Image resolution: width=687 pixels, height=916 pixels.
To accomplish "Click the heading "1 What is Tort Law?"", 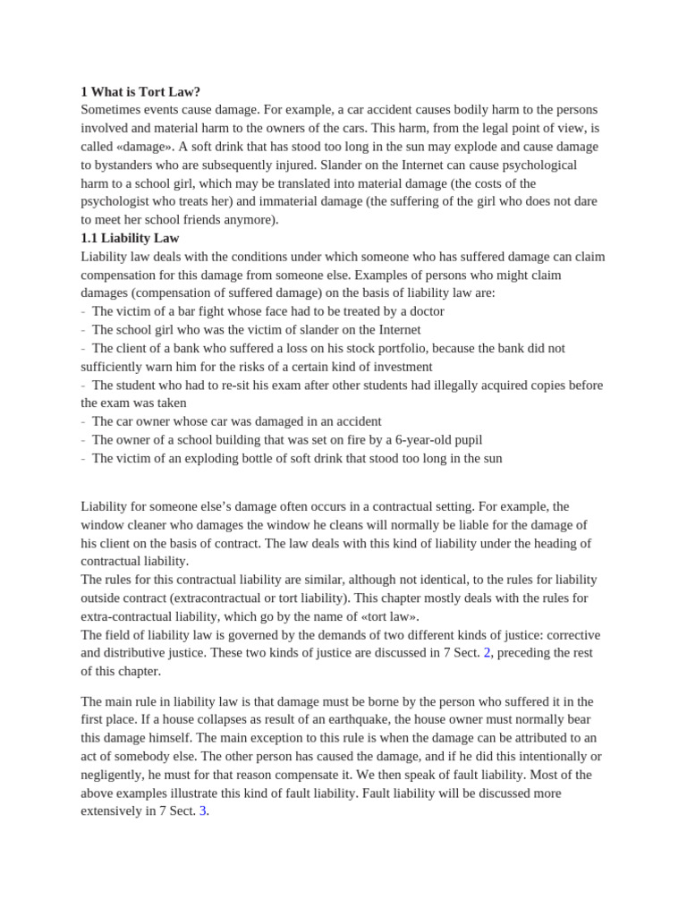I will pyautogui.click(x=140, y=91).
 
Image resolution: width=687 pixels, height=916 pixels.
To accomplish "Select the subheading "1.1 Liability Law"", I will pyautogui.click(x=130, y=238).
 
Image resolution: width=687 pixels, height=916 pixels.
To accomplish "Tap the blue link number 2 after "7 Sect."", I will pyautogui.click(x=488, y=653).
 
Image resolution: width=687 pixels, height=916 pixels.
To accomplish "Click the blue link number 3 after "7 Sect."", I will pyautogui.click(x=203, y=810).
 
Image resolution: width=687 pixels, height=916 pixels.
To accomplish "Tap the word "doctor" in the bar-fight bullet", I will pyautogui.click(x=424, y=311).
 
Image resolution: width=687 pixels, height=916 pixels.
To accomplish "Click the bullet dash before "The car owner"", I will pyautogui.click(x=83, y=421).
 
